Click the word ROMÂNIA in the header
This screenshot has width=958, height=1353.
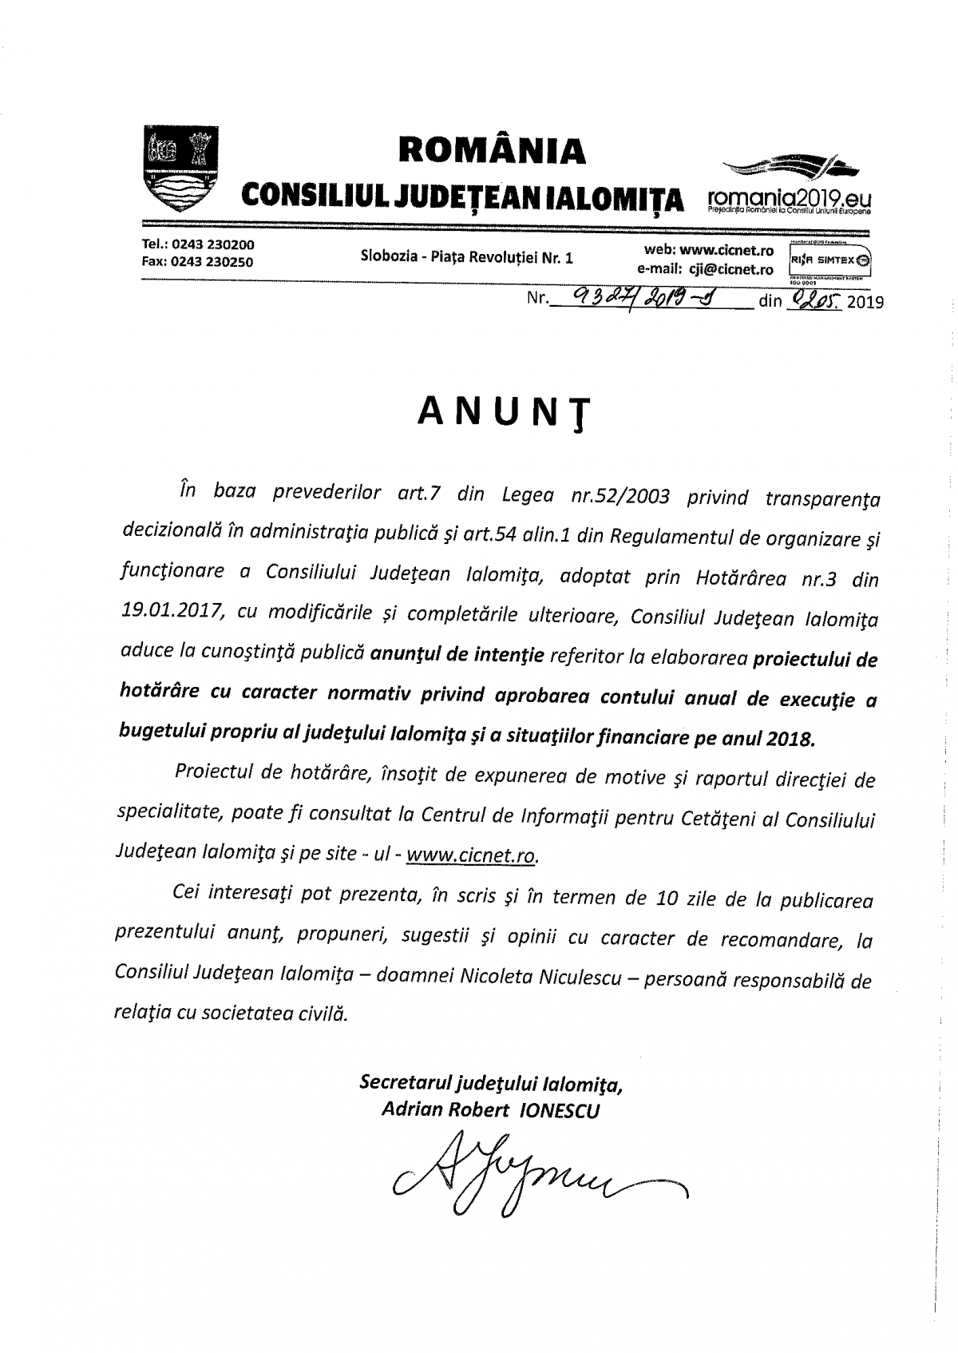(x=492, y=150)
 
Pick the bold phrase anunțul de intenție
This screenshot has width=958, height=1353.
(x=457, y=655)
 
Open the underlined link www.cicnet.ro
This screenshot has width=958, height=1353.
(x=472, y=855)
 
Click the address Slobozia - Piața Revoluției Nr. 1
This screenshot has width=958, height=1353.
(x=467, y=257)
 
